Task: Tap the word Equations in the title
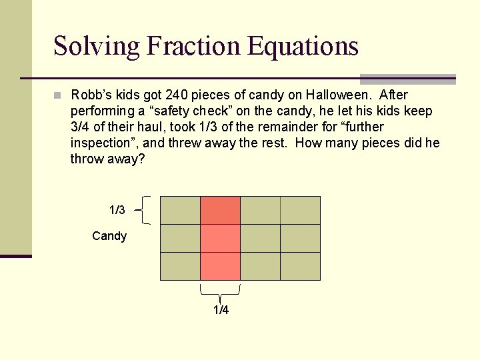click(x=303, y=47)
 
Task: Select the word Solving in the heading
click(x=97, y=47)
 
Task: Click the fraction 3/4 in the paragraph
click(x=80, y=127)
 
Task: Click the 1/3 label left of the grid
click(x=117, y=210)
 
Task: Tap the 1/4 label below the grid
click(x=221, y=310)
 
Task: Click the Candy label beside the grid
click(x=109, y=236)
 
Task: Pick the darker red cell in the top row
click(x=220, y=210)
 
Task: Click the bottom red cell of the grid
click(x=220, y=266)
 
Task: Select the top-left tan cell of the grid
click(x=180, y=210)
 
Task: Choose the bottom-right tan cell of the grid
click(x=300, y=266)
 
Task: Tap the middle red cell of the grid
click(x=220, y=238)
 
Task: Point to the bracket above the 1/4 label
click(x=220, y=291)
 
